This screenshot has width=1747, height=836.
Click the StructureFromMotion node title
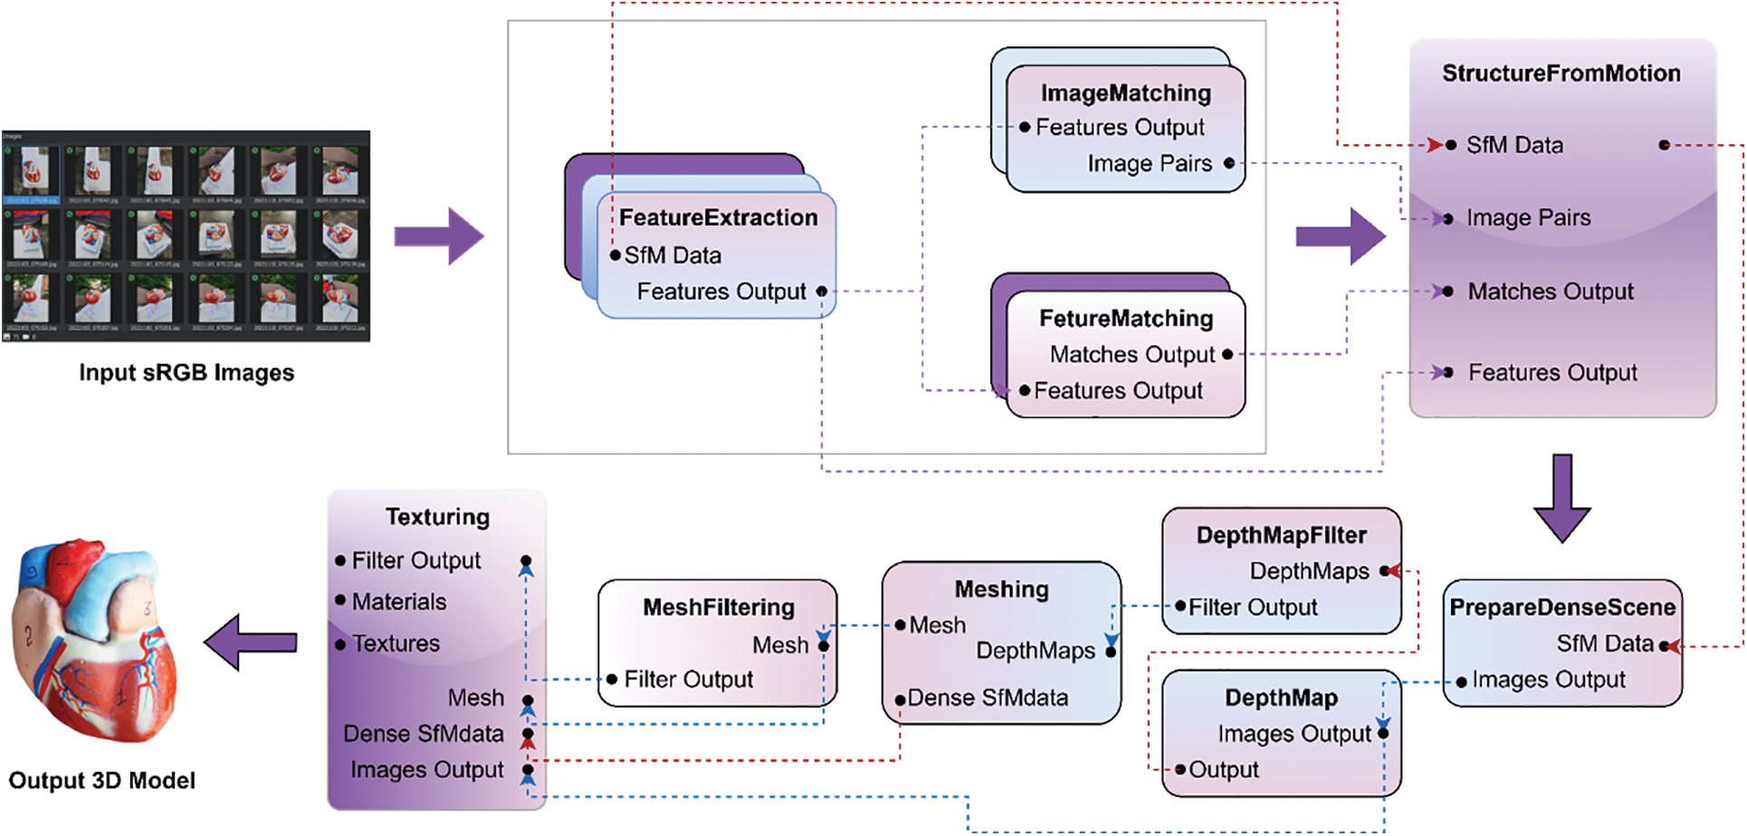point(1561,73)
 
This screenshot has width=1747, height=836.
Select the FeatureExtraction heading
point(718,217)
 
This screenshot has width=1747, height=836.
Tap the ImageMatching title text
point(1125,93)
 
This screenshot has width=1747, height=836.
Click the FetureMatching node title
point(1125,319)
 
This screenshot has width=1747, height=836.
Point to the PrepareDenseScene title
point(1562,607)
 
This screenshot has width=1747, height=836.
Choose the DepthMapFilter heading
point(1281,535)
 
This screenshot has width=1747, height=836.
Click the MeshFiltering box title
point(719,607)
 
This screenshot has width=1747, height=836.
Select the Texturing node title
point(437,516)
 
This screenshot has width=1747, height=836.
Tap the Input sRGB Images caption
point(186,373)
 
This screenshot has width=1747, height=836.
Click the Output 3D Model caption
point(101,781)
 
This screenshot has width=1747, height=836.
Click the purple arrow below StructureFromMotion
point(1561,497)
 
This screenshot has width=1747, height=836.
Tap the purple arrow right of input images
point(439,236)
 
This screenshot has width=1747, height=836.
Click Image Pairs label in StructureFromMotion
point(1528,217)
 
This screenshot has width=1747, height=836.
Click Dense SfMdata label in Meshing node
point(988,697)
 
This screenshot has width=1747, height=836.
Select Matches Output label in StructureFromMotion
point(1550,292)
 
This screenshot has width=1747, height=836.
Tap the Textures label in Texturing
point(396,643)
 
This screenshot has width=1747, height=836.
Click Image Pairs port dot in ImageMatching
point(1228,163)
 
